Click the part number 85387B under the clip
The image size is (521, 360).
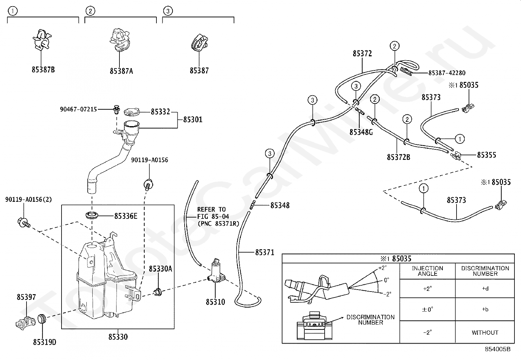[x=43, y=70]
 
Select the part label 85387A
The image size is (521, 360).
[x=121, y=71]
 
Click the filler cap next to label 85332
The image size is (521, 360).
[x=132, y=112]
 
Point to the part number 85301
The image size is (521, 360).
[x=193, y=120]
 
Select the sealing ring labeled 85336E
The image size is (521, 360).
[x=92, y=216]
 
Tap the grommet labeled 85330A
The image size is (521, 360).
[x=158, y=292]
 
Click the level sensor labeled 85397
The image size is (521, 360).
[x=25, y=322]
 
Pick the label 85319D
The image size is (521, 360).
[x=45, y=342]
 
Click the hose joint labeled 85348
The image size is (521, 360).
[x=253, y=205]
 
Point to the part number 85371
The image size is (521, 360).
[x=265, y=253]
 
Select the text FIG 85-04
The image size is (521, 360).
[x=213, y=217]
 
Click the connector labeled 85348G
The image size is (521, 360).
[x=360, y=111]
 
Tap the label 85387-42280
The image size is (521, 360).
[x=447, y=73]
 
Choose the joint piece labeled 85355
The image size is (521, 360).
[x=456, y=155]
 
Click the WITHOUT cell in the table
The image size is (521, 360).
[x=485, y=332]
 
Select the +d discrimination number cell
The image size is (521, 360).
[x=485, y=289]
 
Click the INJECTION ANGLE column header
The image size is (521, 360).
[x=427, y=271]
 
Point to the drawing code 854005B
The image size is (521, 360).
[x=497, y=349]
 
